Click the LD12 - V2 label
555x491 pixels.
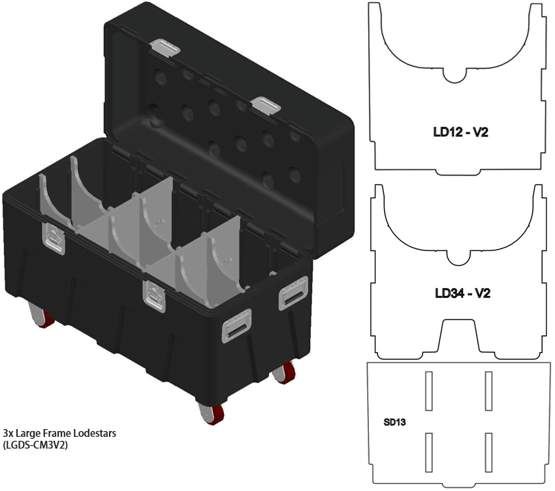[461, 133]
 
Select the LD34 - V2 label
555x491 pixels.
[462, 293]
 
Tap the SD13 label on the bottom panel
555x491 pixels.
[394, 422]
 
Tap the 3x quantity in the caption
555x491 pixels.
[8, 433]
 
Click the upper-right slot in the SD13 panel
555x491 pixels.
[488, 391]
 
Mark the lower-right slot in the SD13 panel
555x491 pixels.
[488, 452]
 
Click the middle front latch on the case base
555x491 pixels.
[155, 297]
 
